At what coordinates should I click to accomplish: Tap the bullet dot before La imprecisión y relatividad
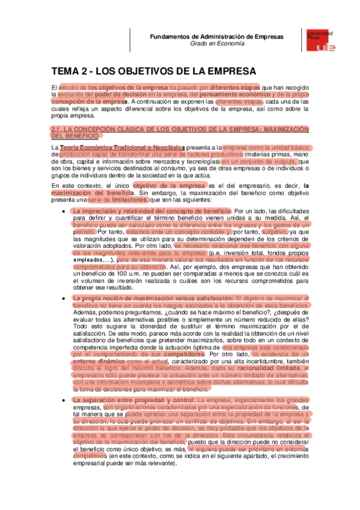[64, 212]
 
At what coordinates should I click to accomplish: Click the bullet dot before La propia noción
[64, 299]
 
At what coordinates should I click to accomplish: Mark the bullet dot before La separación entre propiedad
[64, 383]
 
